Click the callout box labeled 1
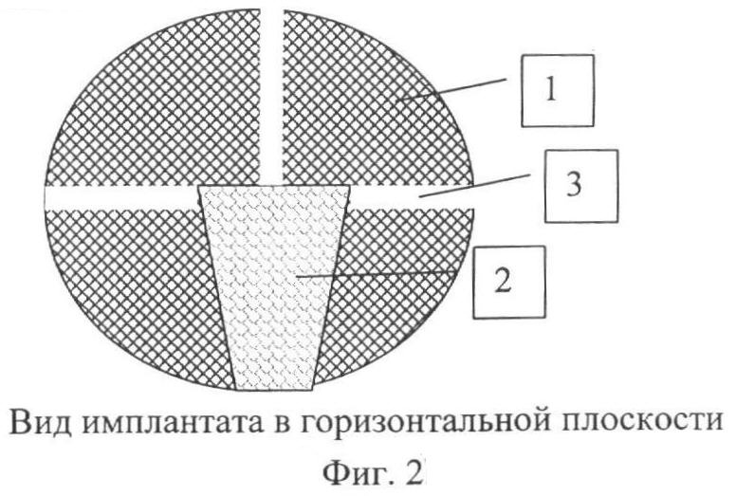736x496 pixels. pyautogui.click(x=558, y=90)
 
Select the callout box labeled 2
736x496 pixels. pyautogui.click(x=508, y=282)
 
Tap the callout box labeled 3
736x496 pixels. pyautogui.click(x=581, y=186)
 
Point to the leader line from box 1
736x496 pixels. pyautogui.click(x=451, y=90)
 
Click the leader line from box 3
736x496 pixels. pyautogui.click(x=475, y=185)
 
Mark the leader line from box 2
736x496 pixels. pyautogui.click(x=377, y=274)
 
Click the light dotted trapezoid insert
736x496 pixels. pyautogui.click(x=274, y=287)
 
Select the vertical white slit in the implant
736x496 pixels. pyautogui.click(x=272, y=96)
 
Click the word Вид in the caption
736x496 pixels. pyautogui.click(x=40, y=421)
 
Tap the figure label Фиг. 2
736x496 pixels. pyautogui.click(x=371, y=472)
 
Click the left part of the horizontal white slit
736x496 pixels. pyautogui.click(x=121, y=197)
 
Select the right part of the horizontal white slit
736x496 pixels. pyautogui.click(x=412, y=197)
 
